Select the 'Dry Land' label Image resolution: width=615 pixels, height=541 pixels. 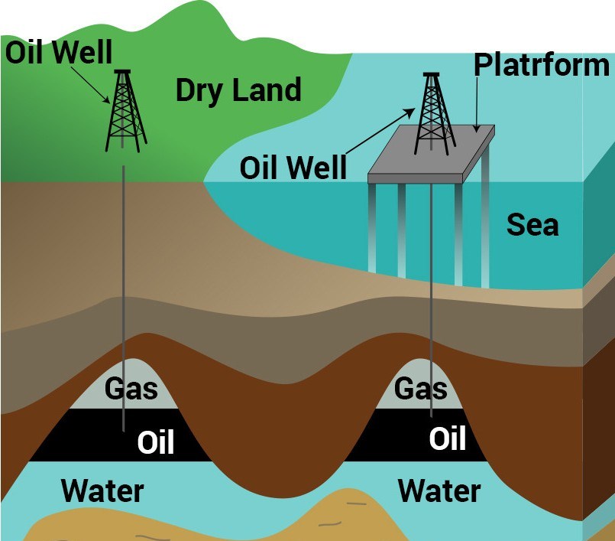[x=238, y=90]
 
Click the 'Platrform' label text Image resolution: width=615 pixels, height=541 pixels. [x=542, y=65]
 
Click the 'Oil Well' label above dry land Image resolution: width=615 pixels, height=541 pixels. [x=59, y=53]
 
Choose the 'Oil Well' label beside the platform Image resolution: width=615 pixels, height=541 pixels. [x=293, y=168]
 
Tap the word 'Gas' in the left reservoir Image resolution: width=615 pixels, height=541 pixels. [x=131, y=389]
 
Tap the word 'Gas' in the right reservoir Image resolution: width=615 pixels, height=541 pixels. [x=420, y=389]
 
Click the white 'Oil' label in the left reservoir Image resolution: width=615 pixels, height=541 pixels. [x=156, y=442]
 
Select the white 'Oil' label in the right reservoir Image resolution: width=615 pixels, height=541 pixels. [x=448, y=439]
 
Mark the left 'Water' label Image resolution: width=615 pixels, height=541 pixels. [x=102, y=490]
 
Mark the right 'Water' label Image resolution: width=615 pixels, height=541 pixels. [x=440, y=490]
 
